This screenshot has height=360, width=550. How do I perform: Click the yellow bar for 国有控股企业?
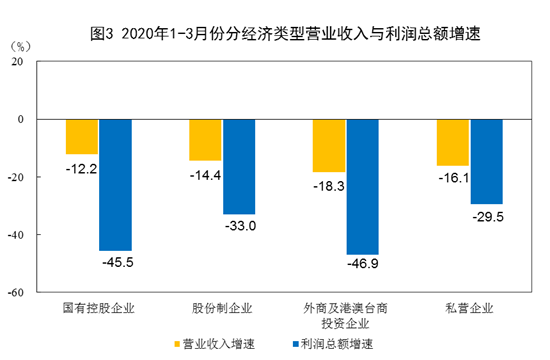coord(82,136)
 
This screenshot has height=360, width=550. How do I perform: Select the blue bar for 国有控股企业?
coord(114,184)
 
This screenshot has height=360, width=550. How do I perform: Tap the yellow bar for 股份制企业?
coord(206,139)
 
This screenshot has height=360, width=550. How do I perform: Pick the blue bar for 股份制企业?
coord(239,166)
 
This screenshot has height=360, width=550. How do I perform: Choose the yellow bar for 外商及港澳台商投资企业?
coord(329,145)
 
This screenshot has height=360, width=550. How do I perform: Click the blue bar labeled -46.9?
coord(362,186)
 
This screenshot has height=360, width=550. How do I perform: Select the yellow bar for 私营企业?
coord(453,142)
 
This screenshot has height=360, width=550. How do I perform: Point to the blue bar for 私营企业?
coord(486,161)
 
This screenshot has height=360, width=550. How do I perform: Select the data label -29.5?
coord(486,215)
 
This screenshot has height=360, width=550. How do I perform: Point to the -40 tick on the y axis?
coord(15,235)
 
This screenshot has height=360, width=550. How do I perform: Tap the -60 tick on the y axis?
coord(15,293)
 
